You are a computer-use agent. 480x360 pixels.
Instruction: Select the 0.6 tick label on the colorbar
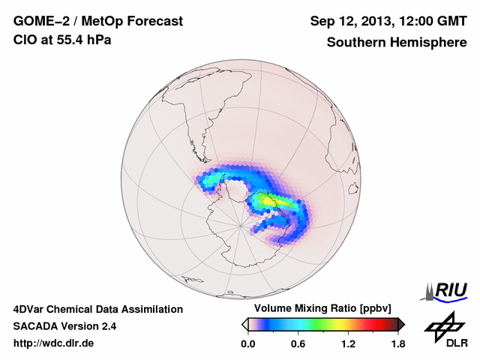tap(298, 343)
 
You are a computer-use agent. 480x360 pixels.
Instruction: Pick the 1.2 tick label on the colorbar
tap(348, 343)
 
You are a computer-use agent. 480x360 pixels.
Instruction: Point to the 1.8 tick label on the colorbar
tap(397, 343)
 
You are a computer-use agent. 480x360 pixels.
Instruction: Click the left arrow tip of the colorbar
tap(244, 324)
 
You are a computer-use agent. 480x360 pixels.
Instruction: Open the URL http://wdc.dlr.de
tap(54, 343)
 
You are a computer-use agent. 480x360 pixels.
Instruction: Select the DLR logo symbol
tap(443, 324)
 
